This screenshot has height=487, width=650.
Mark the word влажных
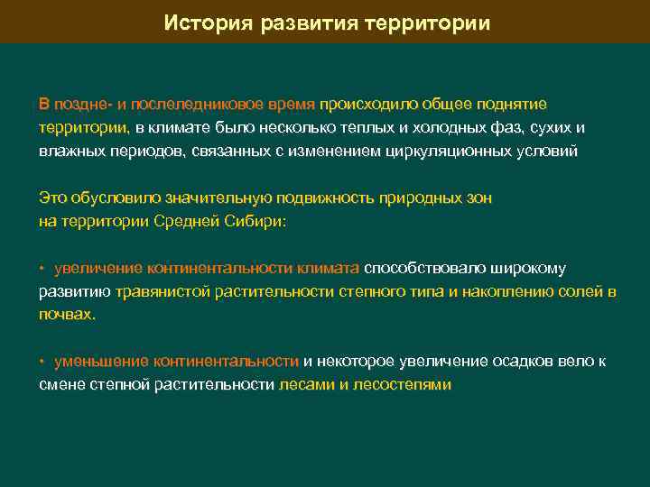pos(72,151)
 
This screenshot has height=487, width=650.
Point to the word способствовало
pos(422,268)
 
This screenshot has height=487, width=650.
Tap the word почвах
pos(67,315)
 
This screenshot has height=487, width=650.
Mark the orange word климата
pos(328,268)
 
